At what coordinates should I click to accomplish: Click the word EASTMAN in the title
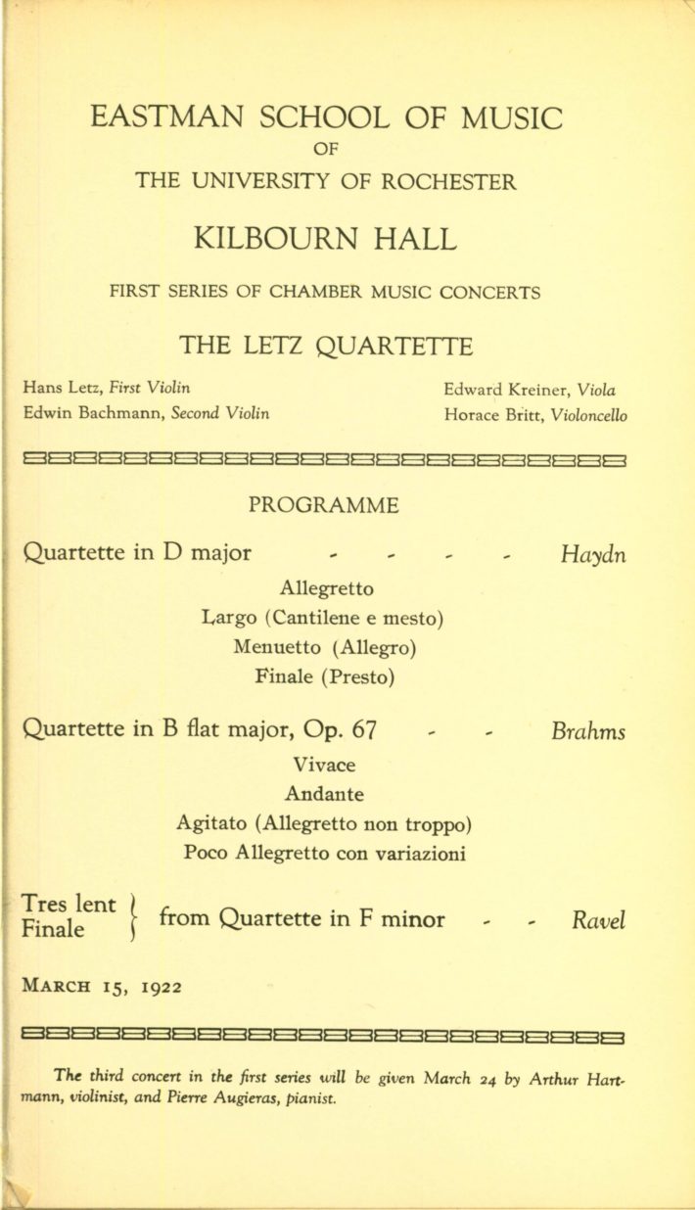point(161,118)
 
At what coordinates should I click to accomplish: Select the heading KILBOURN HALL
point(325,239)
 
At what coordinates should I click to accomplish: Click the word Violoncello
point(589,414)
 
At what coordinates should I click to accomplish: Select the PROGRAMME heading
point(324,505)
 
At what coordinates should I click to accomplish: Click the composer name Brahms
point(588,731)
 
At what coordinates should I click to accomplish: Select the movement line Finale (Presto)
point(325,675)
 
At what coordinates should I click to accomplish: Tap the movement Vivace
point(324,764)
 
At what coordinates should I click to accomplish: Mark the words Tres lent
point(69,905)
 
